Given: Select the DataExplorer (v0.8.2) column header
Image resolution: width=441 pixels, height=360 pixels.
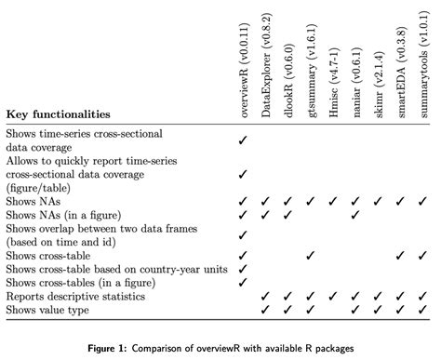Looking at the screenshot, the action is [265, 60].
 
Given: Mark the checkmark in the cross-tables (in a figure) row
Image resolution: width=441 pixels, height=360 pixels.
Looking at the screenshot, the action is [242, 282].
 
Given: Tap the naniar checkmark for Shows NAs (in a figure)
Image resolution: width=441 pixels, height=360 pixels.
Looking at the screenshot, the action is [354, 215].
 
